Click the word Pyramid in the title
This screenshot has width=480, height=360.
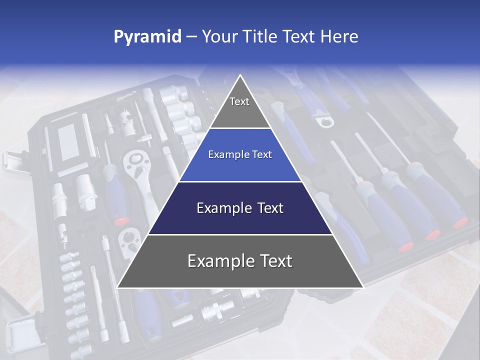click(147, 36)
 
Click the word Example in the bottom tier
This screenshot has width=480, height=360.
click(217, 261)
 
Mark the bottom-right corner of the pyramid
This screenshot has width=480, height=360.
click(363, 287)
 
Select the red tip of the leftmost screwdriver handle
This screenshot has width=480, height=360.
click(405, 246)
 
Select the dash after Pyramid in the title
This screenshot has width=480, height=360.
click(191, 36)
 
